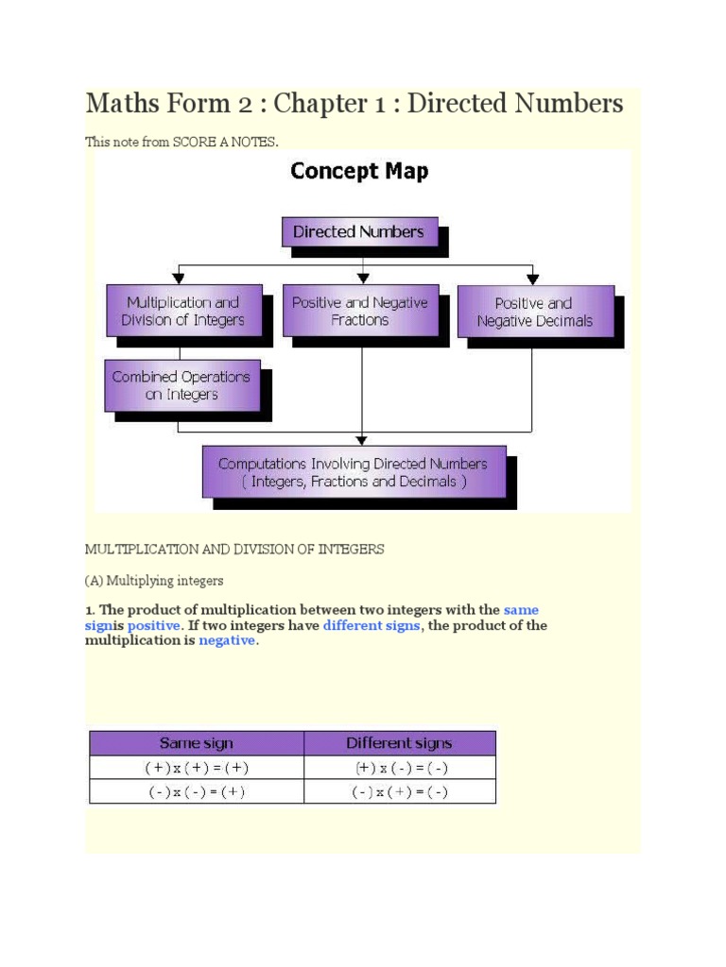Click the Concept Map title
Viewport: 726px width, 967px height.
click(x=358, y=172)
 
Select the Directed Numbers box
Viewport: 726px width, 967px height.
click(x=358, y=231)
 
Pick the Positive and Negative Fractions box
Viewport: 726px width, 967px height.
click(x=359, y=311)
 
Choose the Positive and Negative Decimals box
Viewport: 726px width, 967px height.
click(x=534, y=312)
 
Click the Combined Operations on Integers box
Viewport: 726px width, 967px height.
click(x=181, y=385)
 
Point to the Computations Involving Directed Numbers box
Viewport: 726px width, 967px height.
click(x=353, y=471)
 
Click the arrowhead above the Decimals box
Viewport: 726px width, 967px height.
click(x=533, y=279)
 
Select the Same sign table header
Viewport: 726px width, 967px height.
click(x=196, y=742)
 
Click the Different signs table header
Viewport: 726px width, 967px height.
click(x=399, y=742)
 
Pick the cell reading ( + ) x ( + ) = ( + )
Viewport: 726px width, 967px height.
click(x=196, y=768)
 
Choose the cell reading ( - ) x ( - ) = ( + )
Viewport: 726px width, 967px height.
click(x=196, y=792)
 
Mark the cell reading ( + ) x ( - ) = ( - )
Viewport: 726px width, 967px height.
click(x=399, y=768)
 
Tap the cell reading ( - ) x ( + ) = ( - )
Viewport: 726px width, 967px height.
click(x=399, y=792)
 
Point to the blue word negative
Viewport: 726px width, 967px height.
click(x=226, y=640)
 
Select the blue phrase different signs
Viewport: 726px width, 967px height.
click(x=371, y=625)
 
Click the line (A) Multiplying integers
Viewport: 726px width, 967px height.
click(x=154, y=580)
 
